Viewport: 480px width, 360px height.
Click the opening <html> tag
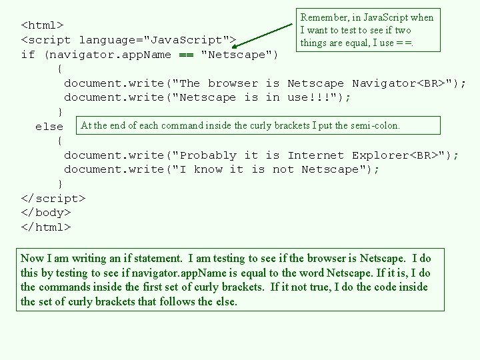43,25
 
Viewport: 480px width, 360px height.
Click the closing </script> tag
53,198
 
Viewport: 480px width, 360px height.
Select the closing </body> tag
46,213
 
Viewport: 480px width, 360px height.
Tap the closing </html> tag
46,227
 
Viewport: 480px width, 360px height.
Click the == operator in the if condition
186,55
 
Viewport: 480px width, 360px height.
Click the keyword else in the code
49,126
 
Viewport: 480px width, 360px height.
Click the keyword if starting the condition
28,55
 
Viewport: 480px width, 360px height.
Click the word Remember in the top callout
323,18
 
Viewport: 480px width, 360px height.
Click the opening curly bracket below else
61,141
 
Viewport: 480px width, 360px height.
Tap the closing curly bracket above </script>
61,184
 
